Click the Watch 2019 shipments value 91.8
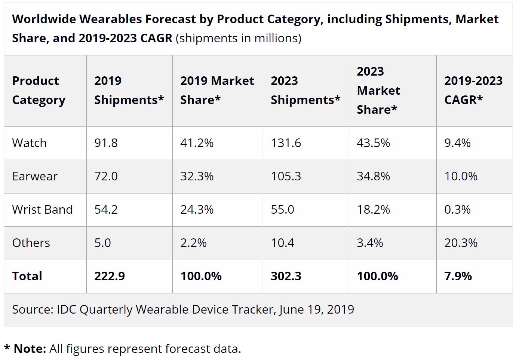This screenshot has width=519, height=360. [106, 143]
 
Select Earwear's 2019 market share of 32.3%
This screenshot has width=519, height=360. [197, 176]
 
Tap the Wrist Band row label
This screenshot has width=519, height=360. [42, 210]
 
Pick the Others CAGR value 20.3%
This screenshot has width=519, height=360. [461, 243]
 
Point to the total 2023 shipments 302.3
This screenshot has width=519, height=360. [286, 276]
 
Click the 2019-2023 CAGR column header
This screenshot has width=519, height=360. [473, 90]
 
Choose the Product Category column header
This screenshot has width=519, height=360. [39, 90]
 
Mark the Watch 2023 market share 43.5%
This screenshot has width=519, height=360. [373, 143]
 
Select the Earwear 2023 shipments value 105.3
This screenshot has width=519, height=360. [286, 176]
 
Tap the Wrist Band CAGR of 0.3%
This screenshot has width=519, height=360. [457, 210]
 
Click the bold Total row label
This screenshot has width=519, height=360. [27, 276]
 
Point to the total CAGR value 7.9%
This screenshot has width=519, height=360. [458, 276]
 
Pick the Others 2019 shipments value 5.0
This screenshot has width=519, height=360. [102, 243]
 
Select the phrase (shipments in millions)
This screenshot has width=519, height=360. [238, 38]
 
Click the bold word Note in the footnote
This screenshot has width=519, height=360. [30, 349]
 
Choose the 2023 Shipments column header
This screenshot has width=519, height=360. [305, 90]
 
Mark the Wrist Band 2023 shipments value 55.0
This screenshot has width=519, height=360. [282, 210]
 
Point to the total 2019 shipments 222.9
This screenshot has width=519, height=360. [109, 276]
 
